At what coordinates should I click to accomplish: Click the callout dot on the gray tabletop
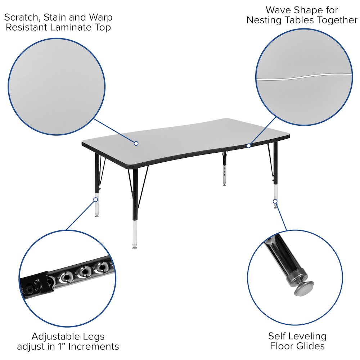[136, 143]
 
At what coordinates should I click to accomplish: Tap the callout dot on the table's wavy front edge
[248, 145]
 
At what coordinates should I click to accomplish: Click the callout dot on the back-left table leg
[96, 199]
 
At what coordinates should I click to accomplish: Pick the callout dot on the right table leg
[275, 201]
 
